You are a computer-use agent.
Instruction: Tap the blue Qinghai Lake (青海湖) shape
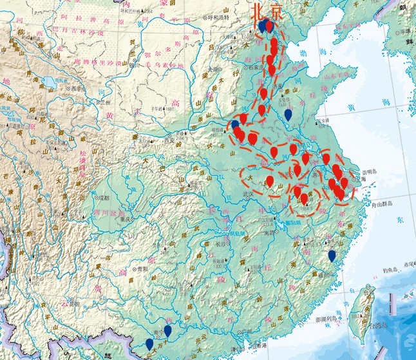[49, 83]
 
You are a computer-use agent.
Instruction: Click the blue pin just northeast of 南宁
[167, 330]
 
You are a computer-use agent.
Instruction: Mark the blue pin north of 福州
[332, 255]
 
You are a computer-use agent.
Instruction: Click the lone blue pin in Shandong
[288, 114]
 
